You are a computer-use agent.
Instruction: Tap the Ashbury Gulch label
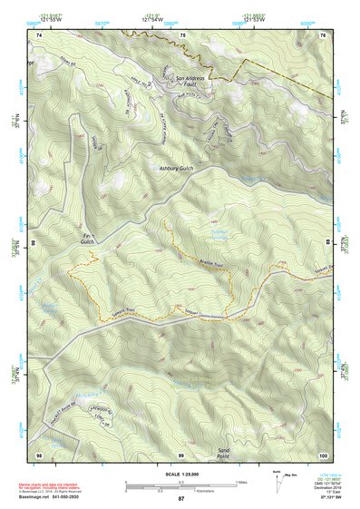click(178, 170)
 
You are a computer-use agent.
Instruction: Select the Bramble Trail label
click(210, 264)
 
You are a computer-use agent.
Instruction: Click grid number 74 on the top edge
click(40, 34)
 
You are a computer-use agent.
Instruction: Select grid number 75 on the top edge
click(182, 34)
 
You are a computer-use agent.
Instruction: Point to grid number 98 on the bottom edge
click(39, 454)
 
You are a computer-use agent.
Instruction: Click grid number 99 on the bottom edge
click(180, 454)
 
